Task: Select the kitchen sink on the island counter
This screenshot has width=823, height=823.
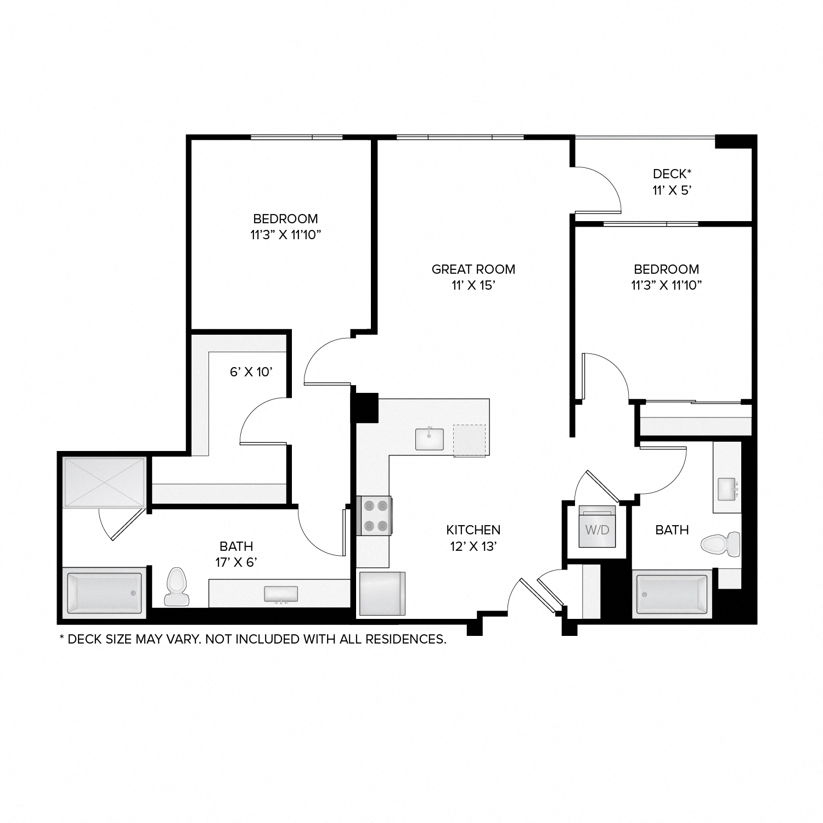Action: [429, 439]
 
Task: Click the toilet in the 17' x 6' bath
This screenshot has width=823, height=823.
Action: [176, 587]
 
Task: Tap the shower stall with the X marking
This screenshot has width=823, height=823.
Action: [104, 482]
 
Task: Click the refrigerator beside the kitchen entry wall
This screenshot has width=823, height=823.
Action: [382, 594]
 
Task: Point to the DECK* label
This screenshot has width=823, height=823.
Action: [672, 174]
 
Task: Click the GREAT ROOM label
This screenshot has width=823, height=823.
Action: [473, 269]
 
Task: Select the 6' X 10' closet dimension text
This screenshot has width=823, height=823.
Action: [251, 372]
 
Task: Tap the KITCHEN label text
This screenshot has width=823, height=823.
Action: [473, 529]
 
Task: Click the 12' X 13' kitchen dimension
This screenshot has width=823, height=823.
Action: [473, 546]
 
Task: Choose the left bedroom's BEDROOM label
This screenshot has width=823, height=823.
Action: [285, 218]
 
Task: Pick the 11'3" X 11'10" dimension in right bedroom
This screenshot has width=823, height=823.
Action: [666, 285]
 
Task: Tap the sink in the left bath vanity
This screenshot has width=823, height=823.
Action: [281, 594]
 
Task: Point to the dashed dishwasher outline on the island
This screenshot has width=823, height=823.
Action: [470, 440]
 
